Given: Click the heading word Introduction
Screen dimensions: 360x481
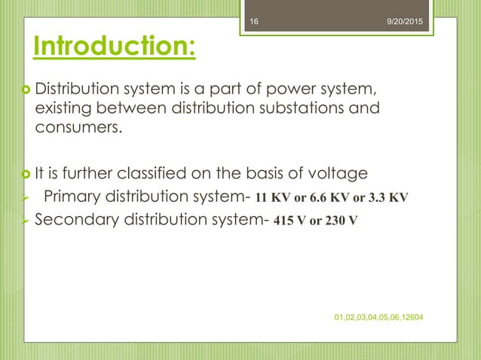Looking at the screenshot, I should point(113,46).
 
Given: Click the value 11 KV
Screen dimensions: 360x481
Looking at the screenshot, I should point(275,199).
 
